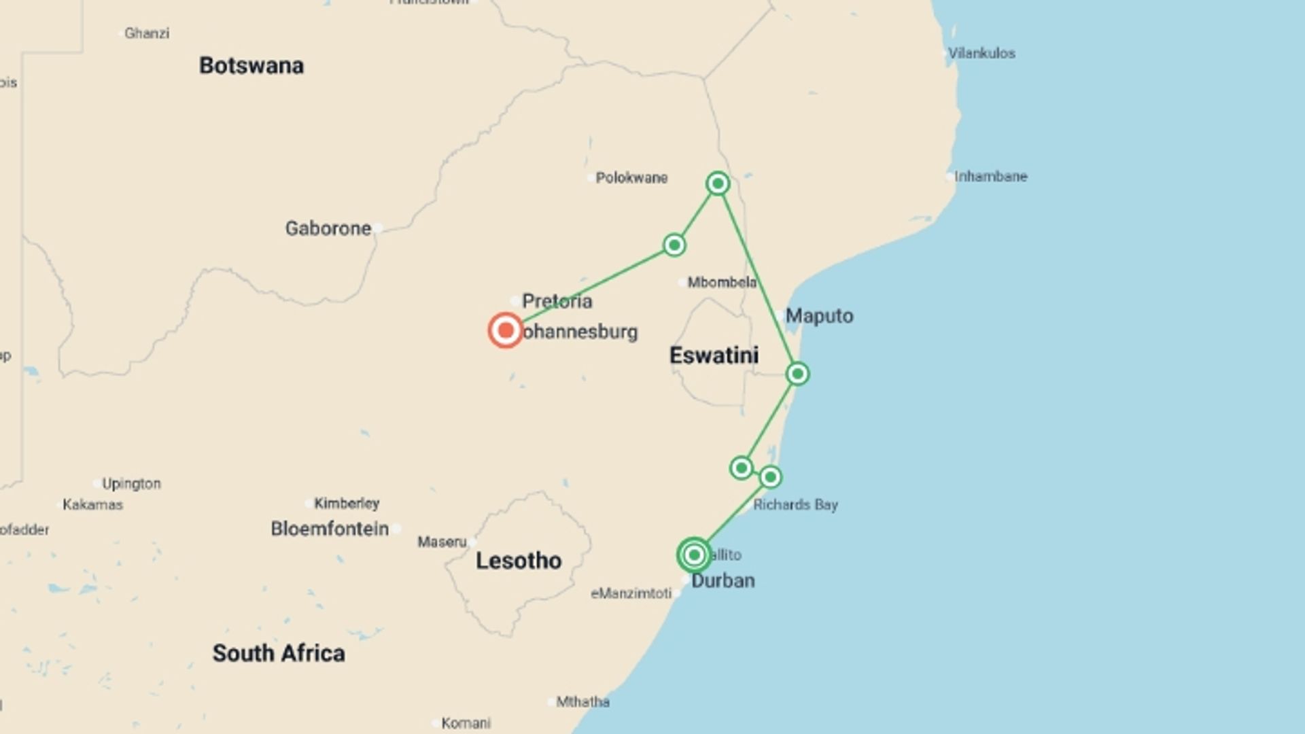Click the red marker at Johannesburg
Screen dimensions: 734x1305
pyautogui.click(x=505, y=330)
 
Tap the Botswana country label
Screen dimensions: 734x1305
pyautogui.click(x=251, y=66)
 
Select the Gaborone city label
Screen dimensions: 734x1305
pyautogui.click(x=328, y=228)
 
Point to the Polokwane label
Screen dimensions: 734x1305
pyautogui.click(x=631, y=178)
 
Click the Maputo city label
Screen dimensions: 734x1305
pyautogui.click(x=819, y=316)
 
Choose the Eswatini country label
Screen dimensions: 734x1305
pyautogui.click(x=714, y=355)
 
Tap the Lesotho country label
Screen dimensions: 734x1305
pyautogui.click(x=519, y=561)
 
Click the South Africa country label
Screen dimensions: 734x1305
pyautogui.click(x=279, y=653)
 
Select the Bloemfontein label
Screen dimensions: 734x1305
pyautogui.click(x=330, y=529)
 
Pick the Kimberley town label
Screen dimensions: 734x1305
pyautogui.click(x=347, y=504)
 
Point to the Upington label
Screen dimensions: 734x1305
pyautogui.click(x=131, y=484)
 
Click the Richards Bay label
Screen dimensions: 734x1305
pyautogui.click(x=795, y=505)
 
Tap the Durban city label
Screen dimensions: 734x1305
pyautogui.click(x=723, y=581)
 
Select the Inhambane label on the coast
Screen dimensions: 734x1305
pyautogui.click(x=990, y=177)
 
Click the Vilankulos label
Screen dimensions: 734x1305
pyautogui.click(x=981, y=54)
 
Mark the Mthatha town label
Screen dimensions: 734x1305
pyautogui.click(x=582, y=702)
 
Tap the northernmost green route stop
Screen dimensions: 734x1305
pyautogui.click(x=718, y=183)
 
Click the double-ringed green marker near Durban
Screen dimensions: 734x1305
pyautogui.click(x=694, y=555)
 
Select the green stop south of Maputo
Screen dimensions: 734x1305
pyautogui.click(x=797, y=374)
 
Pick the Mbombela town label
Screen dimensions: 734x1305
pyautogui.click(x=722, y=283)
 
